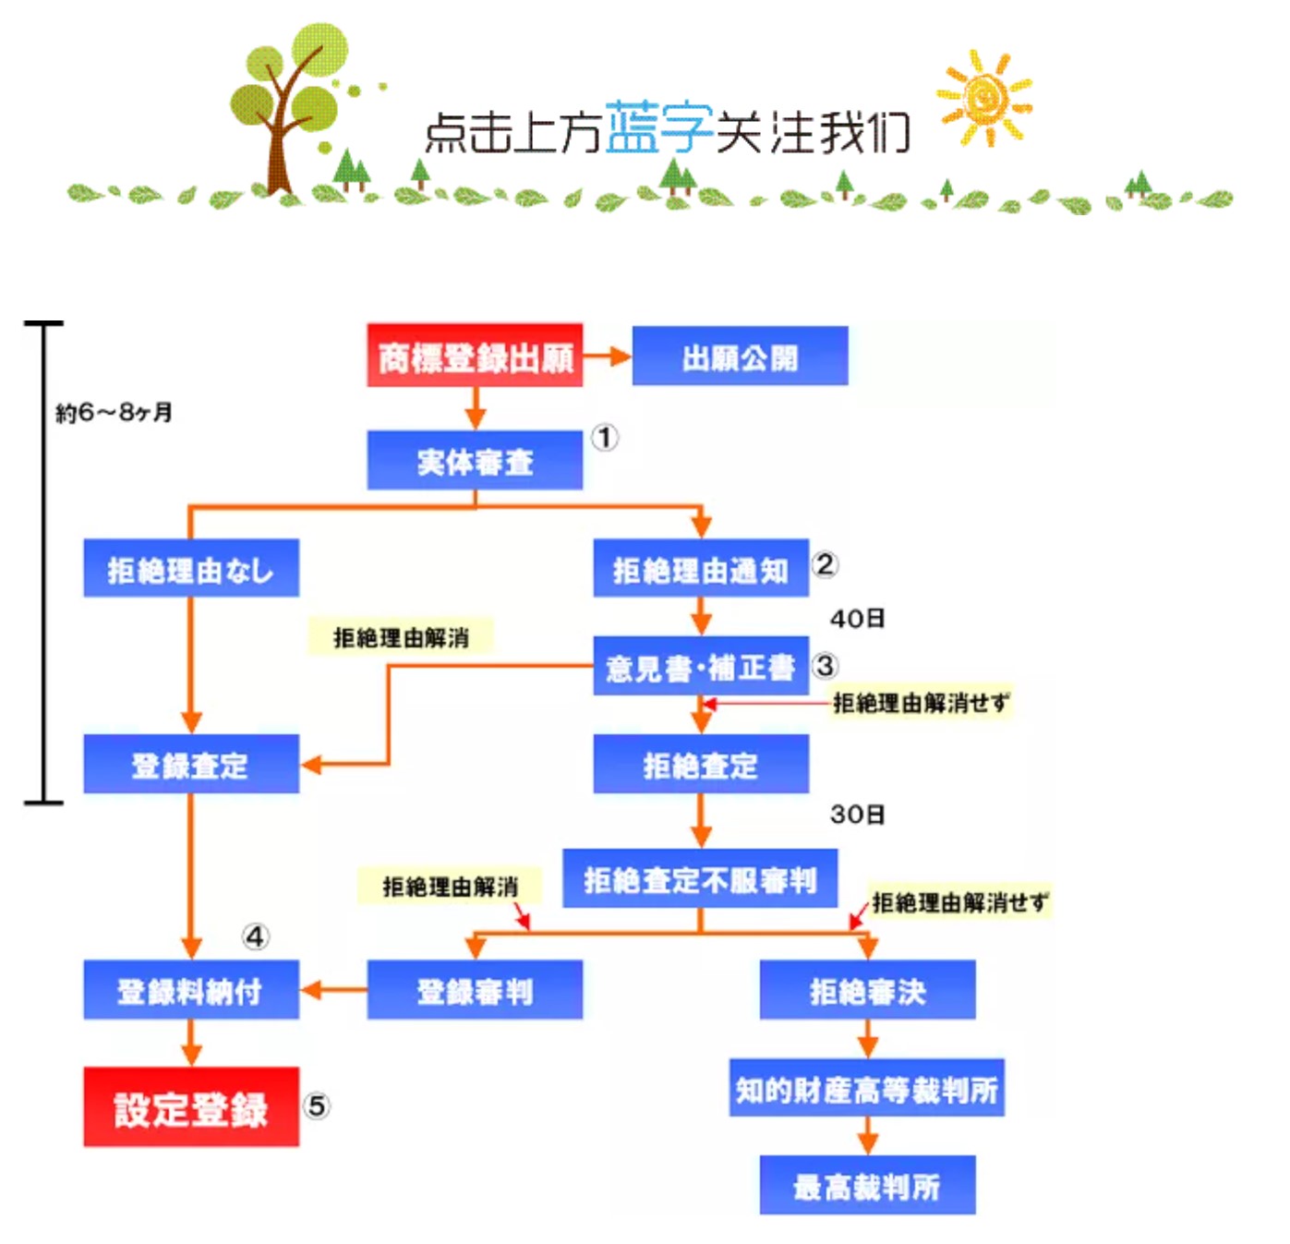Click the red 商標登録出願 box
click(475, 356)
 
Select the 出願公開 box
click(740, 356)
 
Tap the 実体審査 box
click(475, 461)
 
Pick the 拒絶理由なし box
click(191, 569)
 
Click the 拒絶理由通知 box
click(701, 569)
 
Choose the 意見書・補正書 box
click(701, 666)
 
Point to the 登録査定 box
click(191, 765)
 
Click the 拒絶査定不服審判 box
click(700, 879)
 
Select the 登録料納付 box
click(191, 991)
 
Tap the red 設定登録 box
click(191, 1108)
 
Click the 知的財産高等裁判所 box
click(866, 1089)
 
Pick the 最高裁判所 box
click(867, 1186)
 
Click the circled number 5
click(316, 1105)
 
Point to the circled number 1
click(605, 437)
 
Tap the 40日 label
click(857, 618)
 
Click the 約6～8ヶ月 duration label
click(114, 412)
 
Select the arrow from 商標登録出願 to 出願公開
click(607, 356)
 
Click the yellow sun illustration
click(984, 98)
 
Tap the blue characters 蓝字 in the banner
click(659, 127)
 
